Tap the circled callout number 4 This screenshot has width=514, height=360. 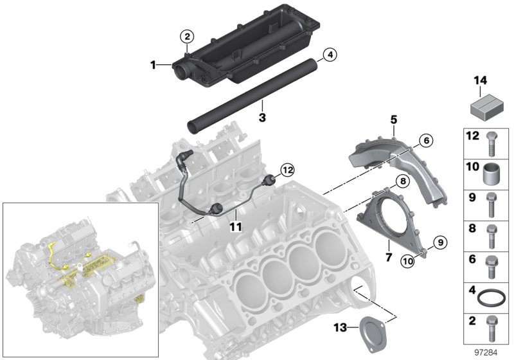point(328,55)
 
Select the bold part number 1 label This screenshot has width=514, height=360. point(154,65)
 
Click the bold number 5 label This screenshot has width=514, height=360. point(393,119)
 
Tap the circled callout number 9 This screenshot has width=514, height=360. point(439,242)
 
